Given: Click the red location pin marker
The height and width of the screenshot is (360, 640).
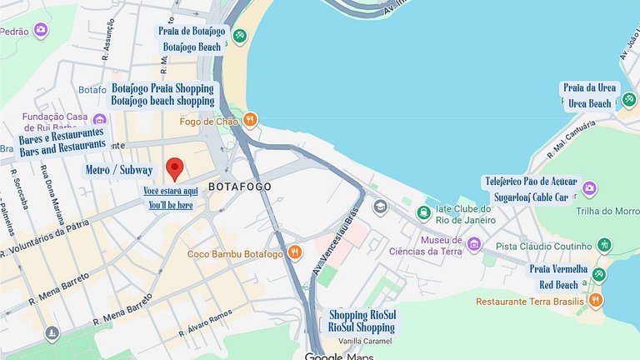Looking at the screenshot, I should pyautogui.click(x=175, y=168).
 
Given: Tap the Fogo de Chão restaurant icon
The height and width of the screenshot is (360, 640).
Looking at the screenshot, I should pyautogui.click(x=250, y=121).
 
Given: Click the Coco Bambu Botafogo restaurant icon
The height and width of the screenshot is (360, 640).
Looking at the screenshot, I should pyautogui.click(x=294, y=252).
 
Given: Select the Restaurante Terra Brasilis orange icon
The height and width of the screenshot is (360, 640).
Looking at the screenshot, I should pyautogui.click(x=595, y=300).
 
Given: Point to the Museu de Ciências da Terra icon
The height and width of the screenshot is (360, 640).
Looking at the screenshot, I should pyautogui.click(x=474, y=244).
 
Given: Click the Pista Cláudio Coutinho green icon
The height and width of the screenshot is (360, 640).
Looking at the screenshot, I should pyautogui.click(x=604, y=245).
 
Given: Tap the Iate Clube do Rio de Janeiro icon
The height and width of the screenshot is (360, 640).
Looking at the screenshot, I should pyautogui.click(x=424, y=213).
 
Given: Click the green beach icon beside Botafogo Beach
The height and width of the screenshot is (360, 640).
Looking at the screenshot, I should pyautogui.click(x=240, y=36).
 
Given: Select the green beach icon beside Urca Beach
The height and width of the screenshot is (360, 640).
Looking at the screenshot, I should pyautogui.click(x=629, y=99).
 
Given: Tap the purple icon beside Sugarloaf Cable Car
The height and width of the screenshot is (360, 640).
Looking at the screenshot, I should pyautogui.click(x=589, y=188).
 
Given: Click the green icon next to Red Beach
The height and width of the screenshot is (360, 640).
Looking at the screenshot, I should pyautogui.click(x=599, y=276).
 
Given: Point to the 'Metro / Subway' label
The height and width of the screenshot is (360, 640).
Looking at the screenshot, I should pyautogui.click(x=119, y=170).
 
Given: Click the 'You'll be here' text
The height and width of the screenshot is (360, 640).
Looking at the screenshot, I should pyautogui.click(x=170, y=205).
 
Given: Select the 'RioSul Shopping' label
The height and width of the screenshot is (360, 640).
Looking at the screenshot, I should pyautogui.click(x=361, y=327).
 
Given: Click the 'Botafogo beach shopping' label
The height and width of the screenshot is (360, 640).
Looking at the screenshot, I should pyautogui.click(x=162, y=101).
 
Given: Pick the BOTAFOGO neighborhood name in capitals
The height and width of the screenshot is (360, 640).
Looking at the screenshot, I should pyautogui.click(x=240, y=187).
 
